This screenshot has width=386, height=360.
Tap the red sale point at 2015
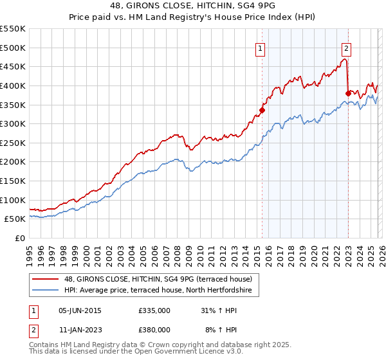(262, 110)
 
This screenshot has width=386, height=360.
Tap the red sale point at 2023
(348, 93)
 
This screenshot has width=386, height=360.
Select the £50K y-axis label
(15, 219)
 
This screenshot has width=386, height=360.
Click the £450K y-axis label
(13, 66)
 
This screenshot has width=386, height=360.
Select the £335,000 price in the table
(154, 310)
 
